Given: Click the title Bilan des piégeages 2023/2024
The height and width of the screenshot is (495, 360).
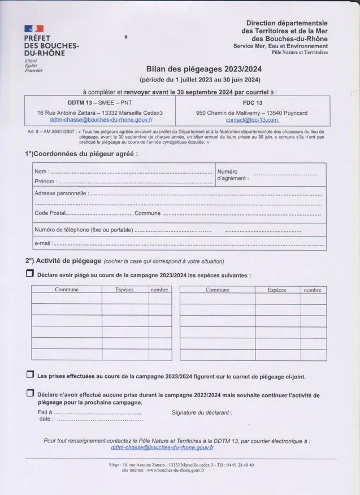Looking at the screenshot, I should (x=204, y=68).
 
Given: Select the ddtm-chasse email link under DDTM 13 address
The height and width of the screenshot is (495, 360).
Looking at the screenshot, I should (x=101, y=120).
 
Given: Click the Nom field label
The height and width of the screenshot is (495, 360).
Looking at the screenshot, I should (x=41, y=171).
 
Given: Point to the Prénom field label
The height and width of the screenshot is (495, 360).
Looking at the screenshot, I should (x=45, y=182).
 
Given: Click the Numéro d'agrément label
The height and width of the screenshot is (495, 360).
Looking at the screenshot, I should (x=232, y=175).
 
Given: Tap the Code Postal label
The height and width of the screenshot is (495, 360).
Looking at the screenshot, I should (x=50, y=213).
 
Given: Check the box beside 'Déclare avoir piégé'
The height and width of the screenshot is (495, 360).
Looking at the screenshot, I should (x=30, y=274).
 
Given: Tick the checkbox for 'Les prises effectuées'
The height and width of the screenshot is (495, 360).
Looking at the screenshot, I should (x=30, y=375).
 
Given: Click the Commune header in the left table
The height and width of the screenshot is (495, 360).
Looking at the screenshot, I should (x=66, y=290).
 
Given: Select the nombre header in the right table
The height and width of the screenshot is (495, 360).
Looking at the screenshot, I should (x=312, y=290).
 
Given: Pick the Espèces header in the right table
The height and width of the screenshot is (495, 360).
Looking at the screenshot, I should (x=276, y=290).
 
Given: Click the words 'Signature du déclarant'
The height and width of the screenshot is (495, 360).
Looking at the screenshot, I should (x=201, y=412).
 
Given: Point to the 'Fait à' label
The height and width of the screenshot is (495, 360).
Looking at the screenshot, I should (x=45, y=412).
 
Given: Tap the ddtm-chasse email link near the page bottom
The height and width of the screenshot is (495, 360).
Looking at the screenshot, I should (x=162, y=447).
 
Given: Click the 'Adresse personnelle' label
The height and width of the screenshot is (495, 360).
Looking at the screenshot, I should (x=60, y=193).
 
